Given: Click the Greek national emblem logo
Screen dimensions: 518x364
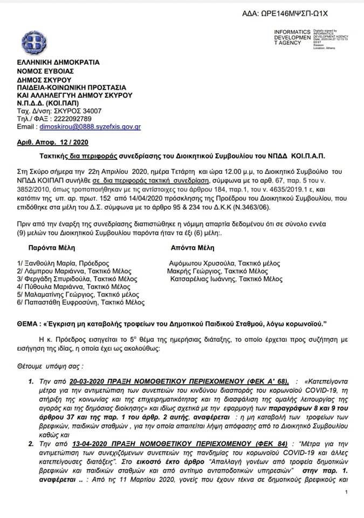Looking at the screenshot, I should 33,42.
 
